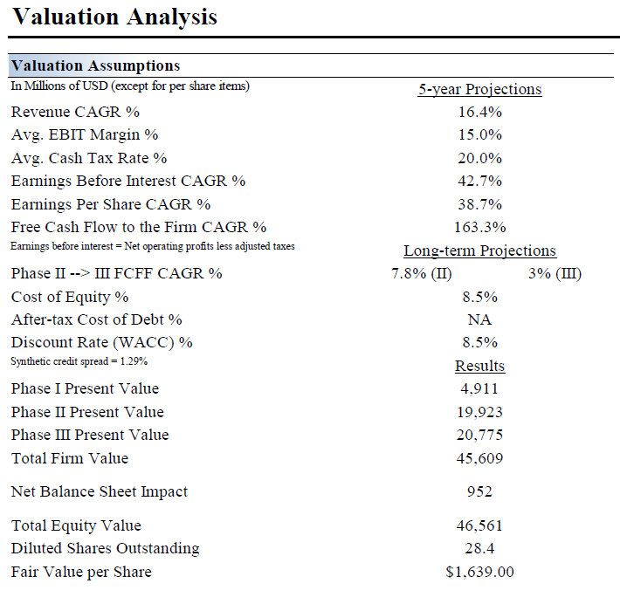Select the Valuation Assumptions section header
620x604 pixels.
coord(95,65)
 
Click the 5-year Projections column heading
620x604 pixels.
coord(479,89)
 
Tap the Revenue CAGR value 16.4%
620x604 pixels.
coord(479,112)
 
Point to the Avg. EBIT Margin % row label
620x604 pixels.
coord(85,134)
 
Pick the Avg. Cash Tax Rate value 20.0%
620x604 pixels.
coord(479,158)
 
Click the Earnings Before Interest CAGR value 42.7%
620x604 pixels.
coord(479,181)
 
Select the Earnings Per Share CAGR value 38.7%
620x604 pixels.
coord(479,204)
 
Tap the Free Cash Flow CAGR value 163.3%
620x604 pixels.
coord(479,227)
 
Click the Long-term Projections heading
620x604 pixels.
coord(479,251)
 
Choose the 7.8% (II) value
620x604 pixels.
coord(421,273)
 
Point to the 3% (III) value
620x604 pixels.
coord(555,273)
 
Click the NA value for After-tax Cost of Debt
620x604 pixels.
coord(479,319)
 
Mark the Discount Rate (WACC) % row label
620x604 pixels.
coord(101,342)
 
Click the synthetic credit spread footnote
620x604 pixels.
coord(79,360)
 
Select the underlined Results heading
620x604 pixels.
coord(479,366)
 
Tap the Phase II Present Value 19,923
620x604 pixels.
coord(479,412)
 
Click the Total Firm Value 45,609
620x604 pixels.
coord(479,458)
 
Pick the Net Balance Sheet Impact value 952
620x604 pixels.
coord(479,491)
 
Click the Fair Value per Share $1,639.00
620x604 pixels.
coord(479,572)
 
